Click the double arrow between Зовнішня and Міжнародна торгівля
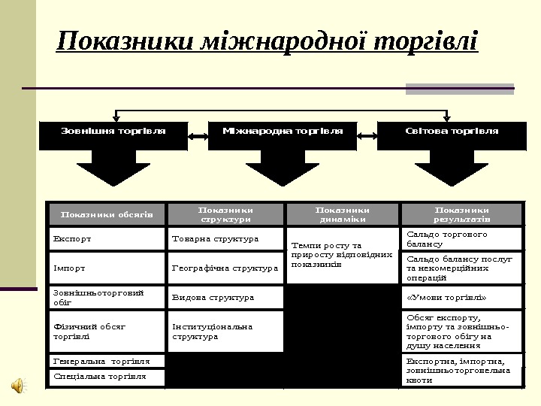[198, 136]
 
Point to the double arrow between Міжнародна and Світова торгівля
[367, 136]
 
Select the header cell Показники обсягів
[107, 214]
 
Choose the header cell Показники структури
[225, 214]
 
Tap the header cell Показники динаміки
[342, 214]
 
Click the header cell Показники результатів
[461, 214]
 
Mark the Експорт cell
[107, 239]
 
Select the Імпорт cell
[107, 267]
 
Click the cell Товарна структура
[225, 239]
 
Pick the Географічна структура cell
[225, 267]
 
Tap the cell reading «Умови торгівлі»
[461, 297]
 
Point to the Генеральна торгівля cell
[107, 361]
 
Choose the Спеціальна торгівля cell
[107, 376]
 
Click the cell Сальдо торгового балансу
[461, 239]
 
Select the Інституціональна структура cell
[225, 332]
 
